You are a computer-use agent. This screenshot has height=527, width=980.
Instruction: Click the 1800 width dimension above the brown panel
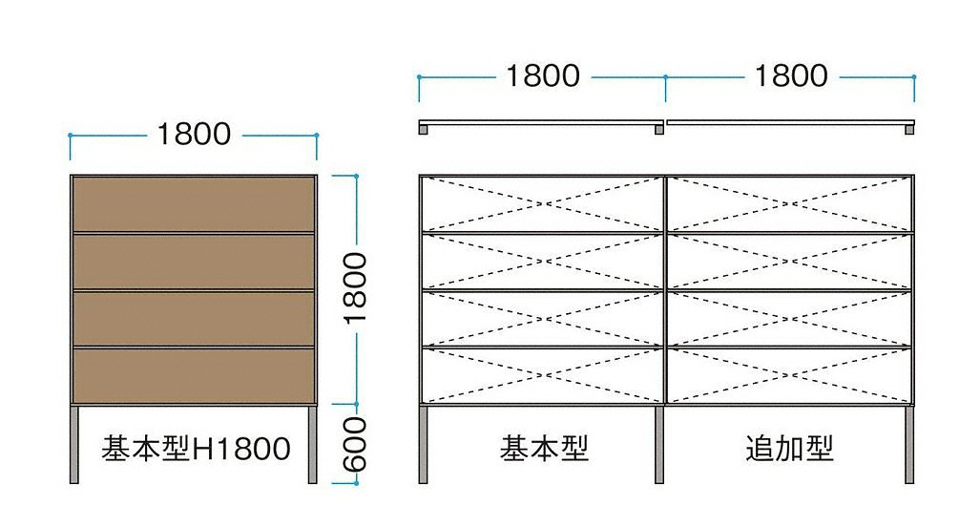[194, 135]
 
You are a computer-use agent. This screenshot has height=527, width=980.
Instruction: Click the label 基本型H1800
[196, 448]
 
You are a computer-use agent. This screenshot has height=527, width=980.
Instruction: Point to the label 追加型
[789, 448]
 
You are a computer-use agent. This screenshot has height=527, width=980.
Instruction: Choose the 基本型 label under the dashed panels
[543, 448]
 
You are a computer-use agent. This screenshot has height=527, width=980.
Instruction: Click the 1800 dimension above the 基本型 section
[542, 75]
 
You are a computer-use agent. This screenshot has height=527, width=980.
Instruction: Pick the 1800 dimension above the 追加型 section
[790, 75]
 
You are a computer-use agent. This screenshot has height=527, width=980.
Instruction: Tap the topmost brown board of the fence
[193, 203]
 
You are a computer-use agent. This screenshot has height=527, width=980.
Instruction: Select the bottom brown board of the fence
[193, 376]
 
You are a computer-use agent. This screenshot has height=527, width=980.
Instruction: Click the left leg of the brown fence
[74, 444]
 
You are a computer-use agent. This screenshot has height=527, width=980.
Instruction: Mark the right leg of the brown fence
[312, 444]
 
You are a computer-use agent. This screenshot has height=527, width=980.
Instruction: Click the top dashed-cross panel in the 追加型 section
[789, 203]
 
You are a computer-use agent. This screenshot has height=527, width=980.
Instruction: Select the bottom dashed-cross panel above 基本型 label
[542, 376]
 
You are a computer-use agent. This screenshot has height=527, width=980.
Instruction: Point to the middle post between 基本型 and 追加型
[659, 444]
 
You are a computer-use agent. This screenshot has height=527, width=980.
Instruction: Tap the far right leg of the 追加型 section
[910, 444]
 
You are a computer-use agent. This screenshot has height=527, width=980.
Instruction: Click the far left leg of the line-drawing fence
[424, 444]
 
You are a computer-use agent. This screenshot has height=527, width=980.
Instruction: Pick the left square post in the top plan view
[424, 130]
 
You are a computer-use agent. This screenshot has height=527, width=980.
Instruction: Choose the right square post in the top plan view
[910, 130]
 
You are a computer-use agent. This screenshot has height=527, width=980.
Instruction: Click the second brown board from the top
[193, 261]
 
